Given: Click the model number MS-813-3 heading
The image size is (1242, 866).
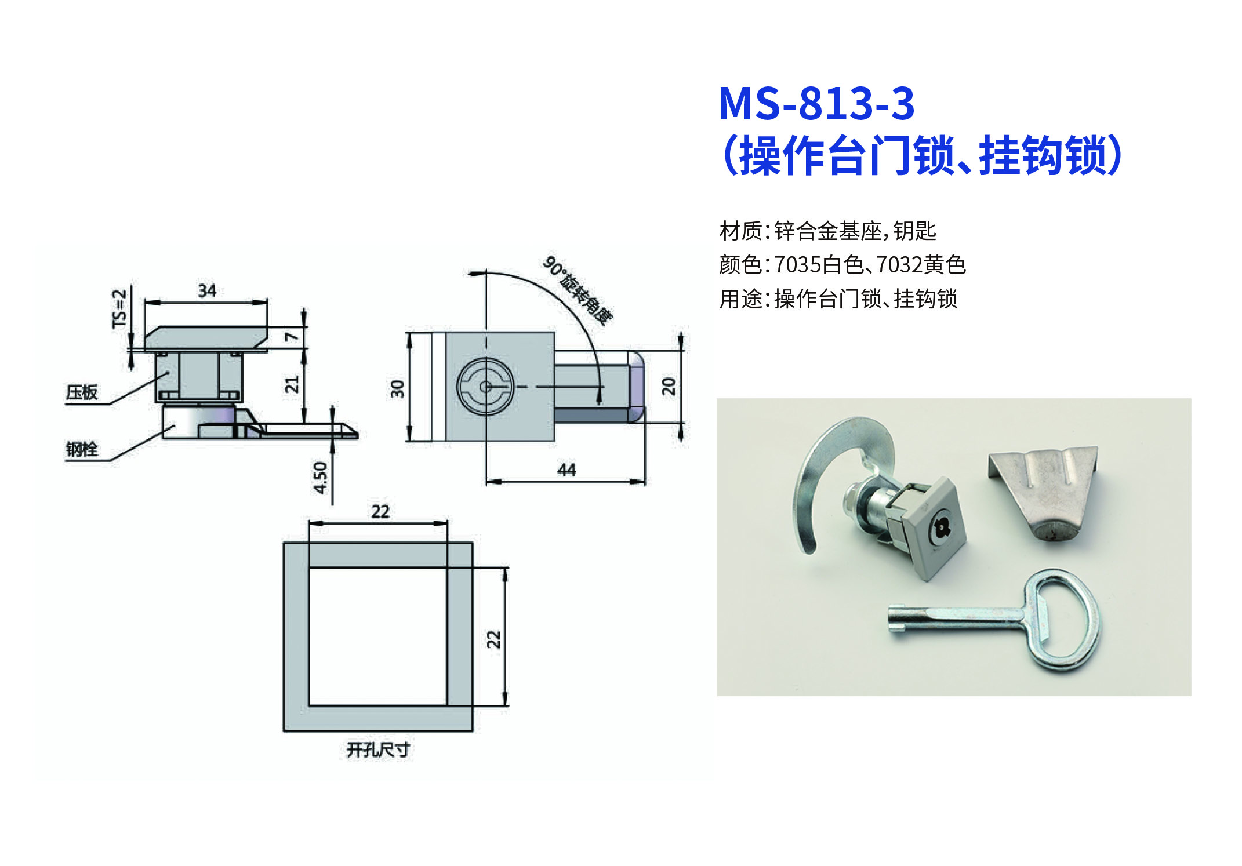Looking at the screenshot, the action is click(816, 104).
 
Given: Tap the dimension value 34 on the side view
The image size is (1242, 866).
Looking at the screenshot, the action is click(207, 290).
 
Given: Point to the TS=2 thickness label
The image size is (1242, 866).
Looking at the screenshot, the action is click(119, 309).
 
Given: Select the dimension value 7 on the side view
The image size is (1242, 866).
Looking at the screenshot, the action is click(292, 336).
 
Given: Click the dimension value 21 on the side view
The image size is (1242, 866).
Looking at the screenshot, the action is click(292, 384).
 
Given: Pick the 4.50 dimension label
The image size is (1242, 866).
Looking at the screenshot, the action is click(320, 477).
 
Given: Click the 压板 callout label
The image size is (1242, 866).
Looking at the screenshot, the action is click(82, 392).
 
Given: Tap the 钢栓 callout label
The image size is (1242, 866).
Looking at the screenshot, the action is click(82, 449).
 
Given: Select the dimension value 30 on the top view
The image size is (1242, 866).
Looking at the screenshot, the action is click(397, 388).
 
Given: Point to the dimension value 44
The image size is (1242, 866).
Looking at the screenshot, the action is click(566, 470).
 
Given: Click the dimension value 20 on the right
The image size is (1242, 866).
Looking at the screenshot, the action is click(669, 386).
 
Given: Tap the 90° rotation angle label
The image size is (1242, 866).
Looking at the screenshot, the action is click(578, 291).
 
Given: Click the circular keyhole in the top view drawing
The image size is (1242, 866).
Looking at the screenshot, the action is click(485, 387).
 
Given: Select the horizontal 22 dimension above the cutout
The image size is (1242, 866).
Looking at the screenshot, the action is click(380, 511).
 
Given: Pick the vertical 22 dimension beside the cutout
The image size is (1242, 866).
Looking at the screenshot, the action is click(493, 639).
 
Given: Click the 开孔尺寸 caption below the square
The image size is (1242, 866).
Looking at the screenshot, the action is click(378, 749).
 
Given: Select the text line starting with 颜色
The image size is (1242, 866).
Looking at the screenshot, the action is click(842, 265).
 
